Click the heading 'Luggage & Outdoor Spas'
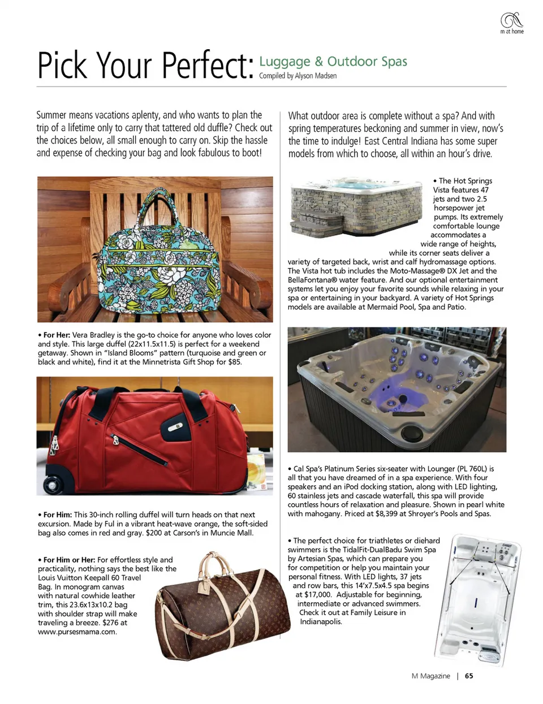(333, 61)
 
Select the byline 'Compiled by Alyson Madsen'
(298, 76)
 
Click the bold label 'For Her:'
(57, 335)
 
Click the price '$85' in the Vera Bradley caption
(234, 362)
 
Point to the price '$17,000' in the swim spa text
(317, 595)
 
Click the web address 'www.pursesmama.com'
(77, 632)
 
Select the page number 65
(469, 676)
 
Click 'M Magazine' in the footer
(431, 676)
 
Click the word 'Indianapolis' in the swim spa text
(321, 622)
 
